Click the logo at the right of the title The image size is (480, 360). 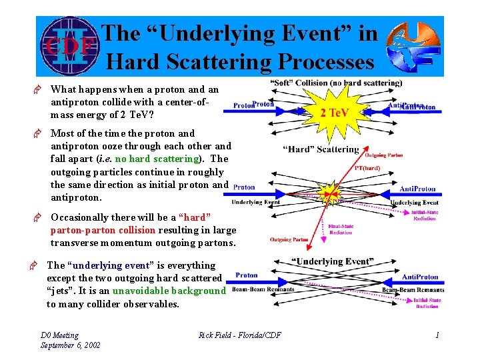413,47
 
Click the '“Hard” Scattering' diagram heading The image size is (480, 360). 321,149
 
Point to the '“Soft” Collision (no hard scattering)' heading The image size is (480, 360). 336,83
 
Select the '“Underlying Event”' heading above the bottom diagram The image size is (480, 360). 332,261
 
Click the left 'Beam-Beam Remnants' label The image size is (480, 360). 263,289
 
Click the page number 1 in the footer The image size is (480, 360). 437,335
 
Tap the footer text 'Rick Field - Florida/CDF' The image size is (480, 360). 240,335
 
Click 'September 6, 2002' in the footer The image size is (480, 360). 71,345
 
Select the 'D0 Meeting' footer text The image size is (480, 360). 59,335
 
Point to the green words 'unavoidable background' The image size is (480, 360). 169,291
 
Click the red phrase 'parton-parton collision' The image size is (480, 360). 103,230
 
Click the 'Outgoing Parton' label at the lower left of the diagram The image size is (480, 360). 289,240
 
